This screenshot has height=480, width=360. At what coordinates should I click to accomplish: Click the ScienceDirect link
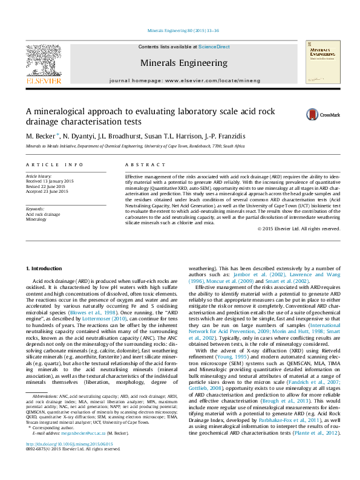[214, 47]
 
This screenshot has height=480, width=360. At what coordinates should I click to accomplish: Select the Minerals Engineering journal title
[184, 63]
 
